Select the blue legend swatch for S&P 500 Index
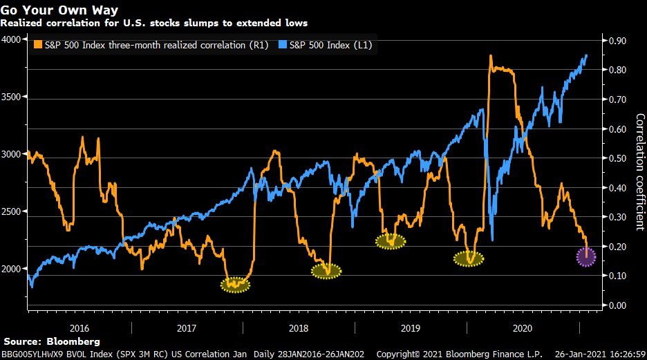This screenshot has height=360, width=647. (x=292, y=45)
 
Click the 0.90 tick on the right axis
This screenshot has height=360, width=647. (x=617, y=41)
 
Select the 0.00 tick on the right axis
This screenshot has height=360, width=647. (x=617, y=305)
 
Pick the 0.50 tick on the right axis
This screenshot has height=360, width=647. (x=617, y=158)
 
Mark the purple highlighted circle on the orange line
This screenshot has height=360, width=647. (x=586, y=257)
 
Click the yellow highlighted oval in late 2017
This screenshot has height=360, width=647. (x=236, y=284)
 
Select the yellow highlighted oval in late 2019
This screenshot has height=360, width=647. (x=469, y=259)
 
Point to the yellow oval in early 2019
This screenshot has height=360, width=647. (x=391, y=241)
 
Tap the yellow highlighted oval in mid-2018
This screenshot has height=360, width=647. (x=326, y=271)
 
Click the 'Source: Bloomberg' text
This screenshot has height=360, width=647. (x=52, y=341)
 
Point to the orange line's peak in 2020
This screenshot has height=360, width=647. (x=490, y=56)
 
